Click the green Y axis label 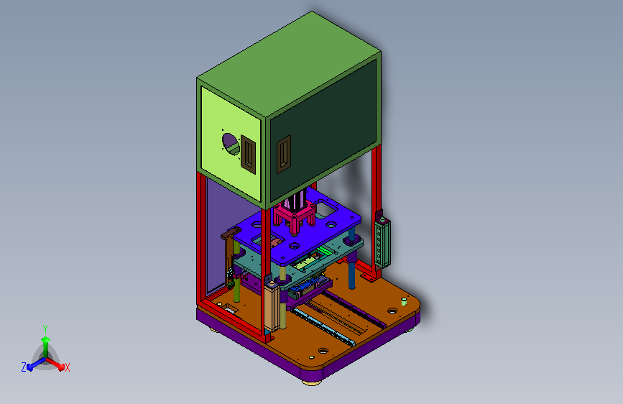45,329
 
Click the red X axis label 67,367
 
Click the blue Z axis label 24,367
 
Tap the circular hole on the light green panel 231,144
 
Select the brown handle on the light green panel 248,155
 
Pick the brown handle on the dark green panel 284,154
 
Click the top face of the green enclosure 289,64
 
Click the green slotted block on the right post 382,243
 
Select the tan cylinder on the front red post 271,306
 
